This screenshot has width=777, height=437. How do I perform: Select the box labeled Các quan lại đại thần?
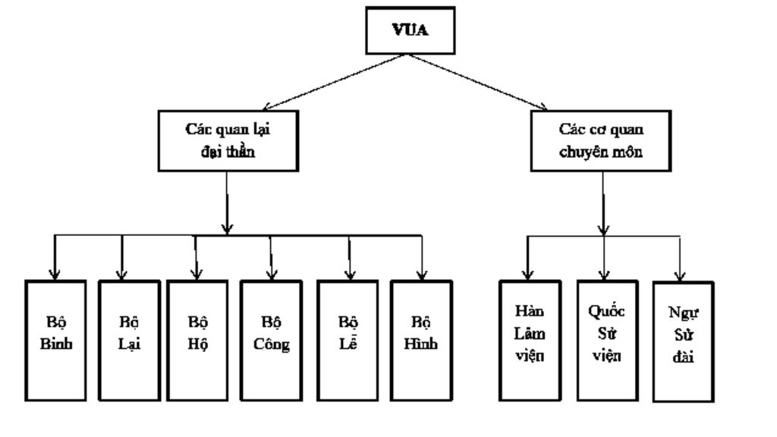click(228, 140)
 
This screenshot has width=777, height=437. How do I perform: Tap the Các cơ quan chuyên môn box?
click(604, 140)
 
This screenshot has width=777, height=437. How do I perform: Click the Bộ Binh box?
click(55, 340)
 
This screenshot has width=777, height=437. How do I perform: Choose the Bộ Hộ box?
click(196, 340)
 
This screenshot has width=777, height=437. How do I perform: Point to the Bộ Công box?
click(270, 340)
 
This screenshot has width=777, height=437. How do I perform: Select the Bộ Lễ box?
click(347, 340)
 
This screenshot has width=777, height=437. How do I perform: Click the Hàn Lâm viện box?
click(530, 340)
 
